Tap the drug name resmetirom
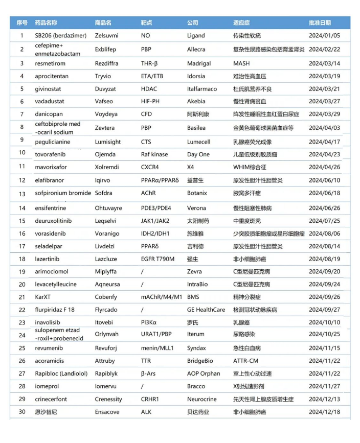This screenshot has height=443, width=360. pos(52,64)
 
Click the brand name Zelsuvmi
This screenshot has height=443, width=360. pos(107,36)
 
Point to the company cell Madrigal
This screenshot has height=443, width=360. pos(199,64)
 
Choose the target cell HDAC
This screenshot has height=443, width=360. pos(149,88)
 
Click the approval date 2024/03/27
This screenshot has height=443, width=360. pos(324,101)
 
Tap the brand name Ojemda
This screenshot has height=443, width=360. pos(105,154)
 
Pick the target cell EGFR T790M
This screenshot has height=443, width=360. pos(157,259)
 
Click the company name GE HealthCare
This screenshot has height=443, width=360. pos(206,310)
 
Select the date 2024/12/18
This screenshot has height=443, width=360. pos(324,412)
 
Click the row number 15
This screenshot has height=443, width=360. pos(22,221)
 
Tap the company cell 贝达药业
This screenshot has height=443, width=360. pos(198,412)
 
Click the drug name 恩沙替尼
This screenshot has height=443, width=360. pos(46,412)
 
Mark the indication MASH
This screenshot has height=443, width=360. pos(241,64)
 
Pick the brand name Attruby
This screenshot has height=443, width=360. pos(105,361)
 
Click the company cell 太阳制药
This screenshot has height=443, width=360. pos(198,221)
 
